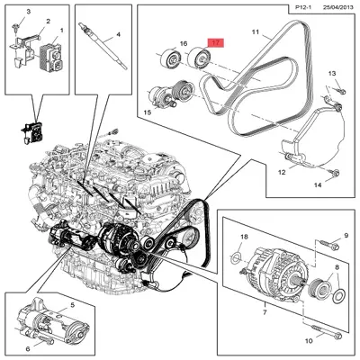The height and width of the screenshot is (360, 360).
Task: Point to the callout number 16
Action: tap(183, 43)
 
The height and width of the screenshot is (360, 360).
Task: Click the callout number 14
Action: tap(317, 184)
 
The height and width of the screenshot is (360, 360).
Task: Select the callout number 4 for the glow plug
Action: tap(116, 35)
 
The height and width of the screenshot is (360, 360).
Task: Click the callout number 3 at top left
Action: tap(28, 10)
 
